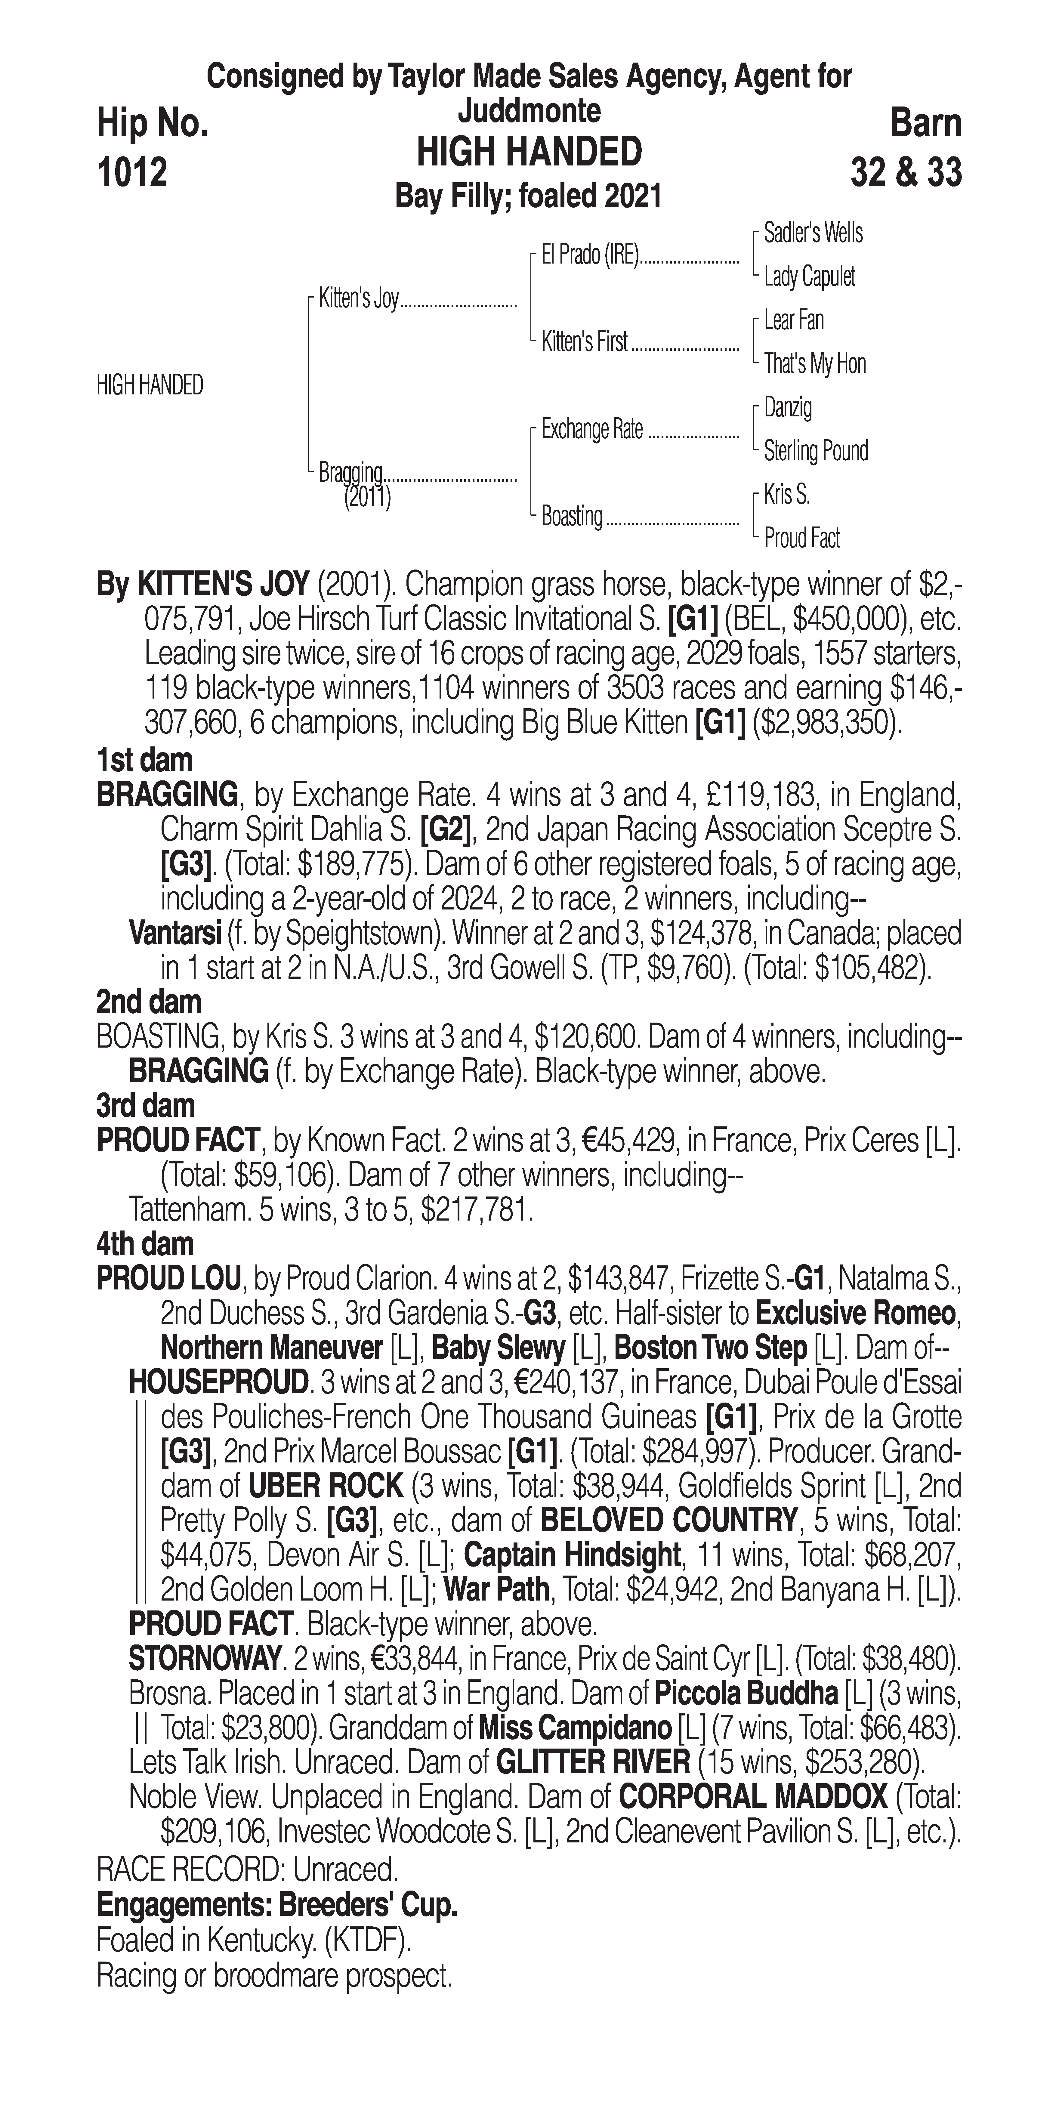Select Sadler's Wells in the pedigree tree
813,233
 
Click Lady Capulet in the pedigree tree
809,277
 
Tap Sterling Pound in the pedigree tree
815,451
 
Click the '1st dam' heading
144,760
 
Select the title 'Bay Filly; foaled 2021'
528,197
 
